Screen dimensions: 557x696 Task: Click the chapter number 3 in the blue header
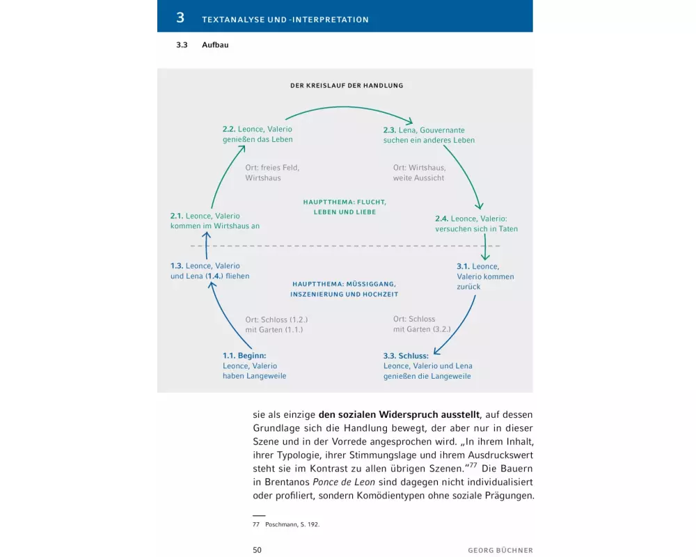point(180,18)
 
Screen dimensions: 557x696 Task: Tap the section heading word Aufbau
point(215,45)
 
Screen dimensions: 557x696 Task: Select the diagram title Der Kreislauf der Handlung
point(347,86)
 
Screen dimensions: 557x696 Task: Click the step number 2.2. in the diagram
point(229,130)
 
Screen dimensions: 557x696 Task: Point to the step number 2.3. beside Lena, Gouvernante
point(389,130)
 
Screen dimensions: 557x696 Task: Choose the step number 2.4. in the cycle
point(441,219)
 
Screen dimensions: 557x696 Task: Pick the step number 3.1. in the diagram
point(463,267)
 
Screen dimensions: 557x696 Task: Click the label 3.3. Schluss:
point(406,356)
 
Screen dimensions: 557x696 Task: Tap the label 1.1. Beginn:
point(244,356)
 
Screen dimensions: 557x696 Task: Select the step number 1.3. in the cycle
point(177,266)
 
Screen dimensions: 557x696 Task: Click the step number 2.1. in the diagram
point(177,217)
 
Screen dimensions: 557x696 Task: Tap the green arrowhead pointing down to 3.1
point(485,256)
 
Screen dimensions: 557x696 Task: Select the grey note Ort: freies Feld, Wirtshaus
point(271,173)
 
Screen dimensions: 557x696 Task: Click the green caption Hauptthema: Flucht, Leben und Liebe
point(344,207)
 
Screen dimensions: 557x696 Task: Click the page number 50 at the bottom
point(257,550)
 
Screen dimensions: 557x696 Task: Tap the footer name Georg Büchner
point(500,550)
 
